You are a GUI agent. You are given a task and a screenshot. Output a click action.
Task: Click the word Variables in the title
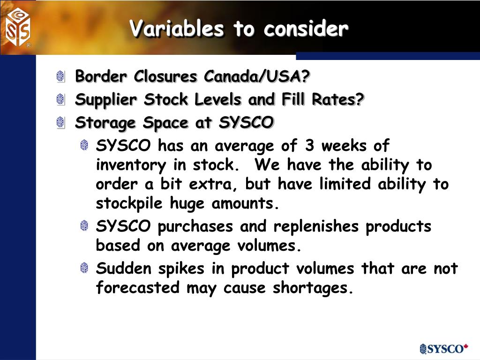(x=178, y=29)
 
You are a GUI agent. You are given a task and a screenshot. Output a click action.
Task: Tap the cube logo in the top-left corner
(x=18, y=27)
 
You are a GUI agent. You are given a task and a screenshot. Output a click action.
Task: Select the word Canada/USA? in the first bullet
(x=263, y=76)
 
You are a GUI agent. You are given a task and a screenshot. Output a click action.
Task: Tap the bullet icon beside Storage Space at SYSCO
(x=60, y=123)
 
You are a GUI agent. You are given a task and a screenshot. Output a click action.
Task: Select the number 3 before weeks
(x=309, y=146)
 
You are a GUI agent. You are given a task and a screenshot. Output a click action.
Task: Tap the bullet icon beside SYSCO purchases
(x=84, y=226)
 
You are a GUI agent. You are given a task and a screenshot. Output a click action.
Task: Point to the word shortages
(x=312, y=288)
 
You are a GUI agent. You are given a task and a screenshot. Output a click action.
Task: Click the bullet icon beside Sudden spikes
(x=84, y=269)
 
